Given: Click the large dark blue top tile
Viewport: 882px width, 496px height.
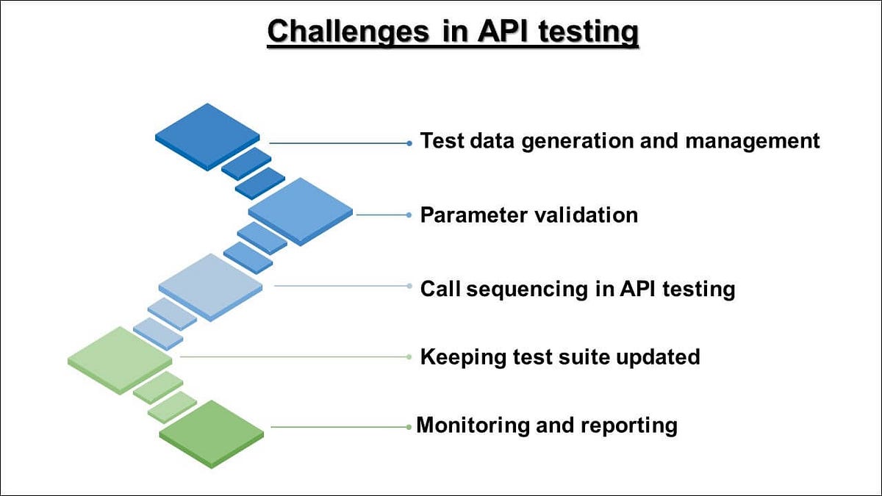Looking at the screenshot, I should pos(207,137).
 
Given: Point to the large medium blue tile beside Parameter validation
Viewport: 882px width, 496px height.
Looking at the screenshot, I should pos(300,212).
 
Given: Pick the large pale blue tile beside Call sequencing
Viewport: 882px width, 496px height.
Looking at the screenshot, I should pos(211,286).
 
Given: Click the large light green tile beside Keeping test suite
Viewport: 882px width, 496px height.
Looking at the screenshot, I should pos(120,359).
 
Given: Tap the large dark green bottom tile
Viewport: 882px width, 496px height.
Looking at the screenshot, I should pos(212,433).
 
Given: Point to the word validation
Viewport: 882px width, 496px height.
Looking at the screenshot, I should pos(584,215).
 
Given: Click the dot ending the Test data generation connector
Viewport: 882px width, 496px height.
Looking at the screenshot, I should pos(409,143).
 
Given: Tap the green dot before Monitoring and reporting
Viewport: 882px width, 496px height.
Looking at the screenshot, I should pos(409,427).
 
